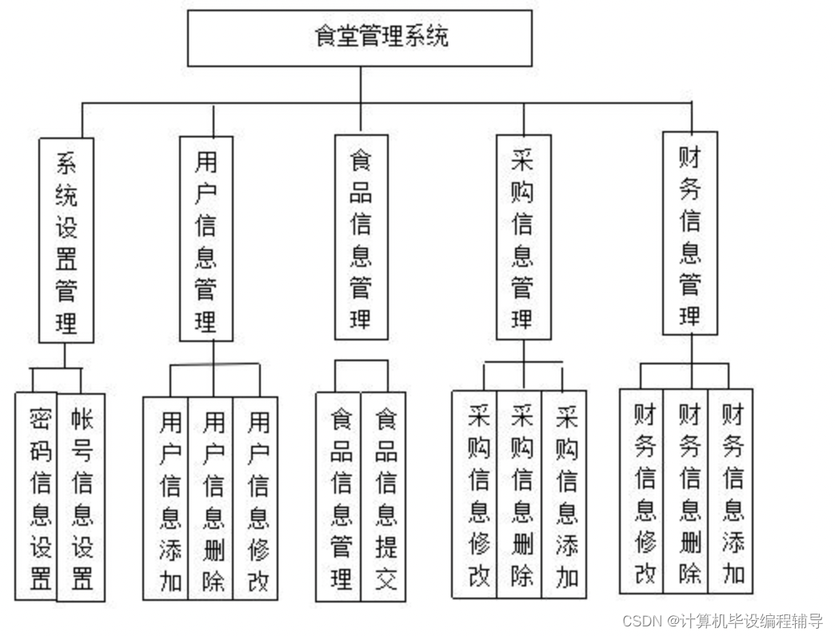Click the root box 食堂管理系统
point(359,38)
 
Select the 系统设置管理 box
point(66,240)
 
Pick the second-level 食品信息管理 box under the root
point(361,237)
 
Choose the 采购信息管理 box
point(523,237)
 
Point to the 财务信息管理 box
point(689,233)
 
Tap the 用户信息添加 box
point(166,498)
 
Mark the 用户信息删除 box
point(211,498)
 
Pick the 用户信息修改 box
point(256,498)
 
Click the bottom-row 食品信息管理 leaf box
point(339,496)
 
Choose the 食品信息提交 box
point(384,496)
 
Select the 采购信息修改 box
point(475,494)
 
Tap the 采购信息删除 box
point(520,494)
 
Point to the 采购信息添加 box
point(565,494)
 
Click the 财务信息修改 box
point(642,491)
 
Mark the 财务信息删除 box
point(686,491)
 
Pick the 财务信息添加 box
point(731,491)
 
